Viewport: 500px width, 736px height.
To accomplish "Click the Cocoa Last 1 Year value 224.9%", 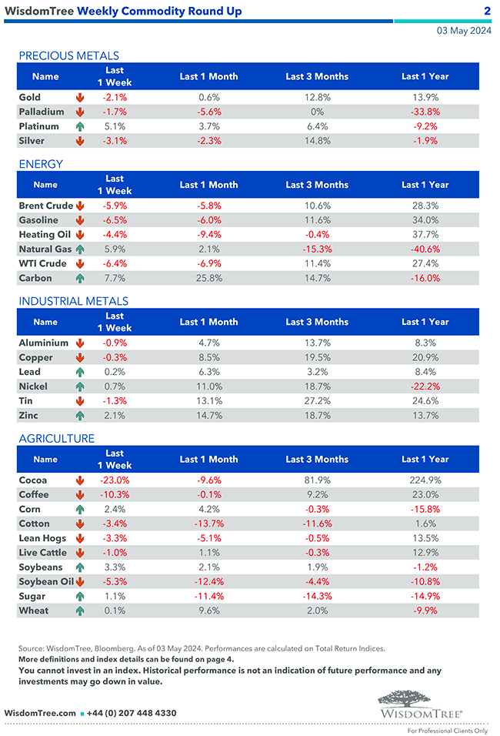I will [x=425, y=480].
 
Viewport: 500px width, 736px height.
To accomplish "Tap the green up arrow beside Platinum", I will [x=80, y=127].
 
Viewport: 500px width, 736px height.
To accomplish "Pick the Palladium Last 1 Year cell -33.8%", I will [x=425, y=112].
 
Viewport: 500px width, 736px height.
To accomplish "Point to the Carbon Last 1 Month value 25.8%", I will [x=208, y=279].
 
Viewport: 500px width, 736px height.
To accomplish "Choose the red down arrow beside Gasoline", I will [x=80, y=221].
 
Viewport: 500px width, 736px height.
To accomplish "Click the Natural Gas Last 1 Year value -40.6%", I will [x=425, y=249].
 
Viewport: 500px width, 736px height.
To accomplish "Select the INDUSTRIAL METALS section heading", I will [x=73, y=301].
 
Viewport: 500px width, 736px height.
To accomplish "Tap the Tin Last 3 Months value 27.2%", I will [x=317, y=401].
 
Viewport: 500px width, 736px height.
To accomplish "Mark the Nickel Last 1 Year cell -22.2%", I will [x=425, y=386].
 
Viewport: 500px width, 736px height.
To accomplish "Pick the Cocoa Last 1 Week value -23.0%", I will [x=115, y=480].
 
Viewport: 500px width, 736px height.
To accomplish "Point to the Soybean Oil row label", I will [x=45, y=582].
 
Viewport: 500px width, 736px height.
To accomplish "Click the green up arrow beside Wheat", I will [x=80, y=611].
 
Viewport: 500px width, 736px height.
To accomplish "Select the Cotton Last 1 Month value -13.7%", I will [x=208, y=524].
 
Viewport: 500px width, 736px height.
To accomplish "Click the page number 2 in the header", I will [x=487, y=11].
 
